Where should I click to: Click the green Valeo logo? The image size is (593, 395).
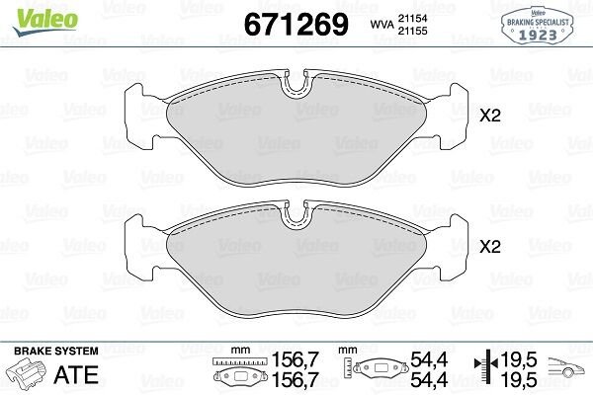45,22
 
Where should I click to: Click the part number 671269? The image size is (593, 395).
296,24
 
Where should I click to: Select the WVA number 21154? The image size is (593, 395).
412,18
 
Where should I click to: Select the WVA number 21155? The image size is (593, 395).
412,31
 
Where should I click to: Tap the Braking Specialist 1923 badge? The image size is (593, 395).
538,26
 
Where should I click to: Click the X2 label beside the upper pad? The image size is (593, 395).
490,116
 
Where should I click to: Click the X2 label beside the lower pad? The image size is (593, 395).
490,247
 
